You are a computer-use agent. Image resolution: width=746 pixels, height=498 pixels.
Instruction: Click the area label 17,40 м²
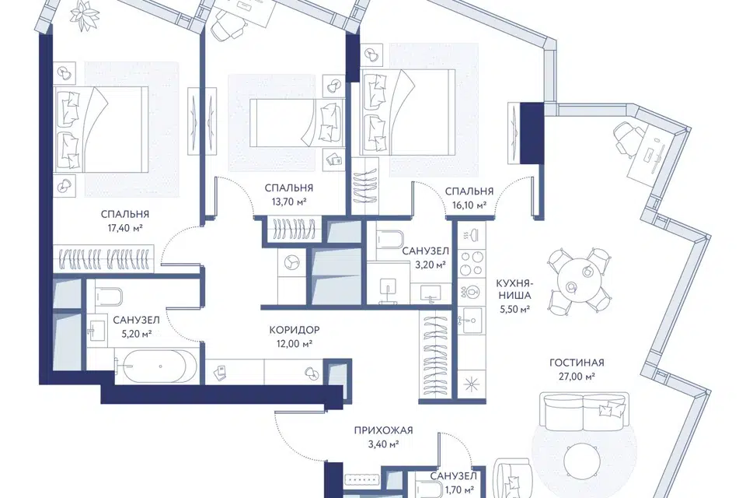[125, 228]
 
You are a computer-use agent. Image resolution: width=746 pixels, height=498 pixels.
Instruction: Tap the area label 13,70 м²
[289, 202]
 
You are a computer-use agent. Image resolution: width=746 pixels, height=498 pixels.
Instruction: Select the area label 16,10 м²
[469, 205]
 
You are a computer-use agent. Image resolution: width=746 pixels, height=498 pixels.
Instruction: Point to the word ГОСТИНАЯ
[577, 363]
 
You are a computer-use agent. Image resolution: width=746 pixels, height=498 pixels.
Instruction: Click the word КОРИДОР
[295, 330]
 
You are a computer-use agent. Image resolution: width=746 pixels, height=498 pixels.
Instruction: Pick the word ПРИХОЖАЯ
[383, 431]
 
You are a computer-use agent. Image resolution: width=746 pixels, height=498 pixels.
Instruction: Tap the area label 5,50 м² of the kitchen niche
[514, 309]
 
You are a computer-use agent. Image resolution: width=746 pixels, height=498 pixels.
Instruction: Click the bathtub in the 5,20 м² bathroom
[155, 366]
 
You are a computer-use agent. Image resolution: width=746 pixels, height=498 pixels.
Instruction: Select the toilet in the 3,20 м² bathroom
[390, 241]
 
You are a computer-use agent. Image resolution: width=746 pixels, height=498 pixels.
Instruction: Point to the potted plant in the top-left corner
[84, 13]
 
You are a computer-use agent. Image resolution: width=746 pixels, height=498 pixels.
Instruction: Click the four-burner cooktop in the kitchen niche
[472, 264]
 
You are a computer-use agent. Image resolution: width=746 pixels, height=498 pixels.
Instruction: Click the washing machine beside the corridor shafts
[291, 263]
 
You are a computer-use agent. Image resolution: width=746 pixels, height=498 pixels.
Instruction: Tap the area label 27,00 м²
[577, 377]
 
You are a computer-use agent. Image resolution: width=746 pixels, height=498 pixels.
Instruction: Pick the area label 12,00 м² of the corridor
[295, 344]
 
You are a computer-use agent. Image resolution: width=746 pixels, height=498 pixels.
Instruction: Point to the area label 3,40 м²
[383, 444]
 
